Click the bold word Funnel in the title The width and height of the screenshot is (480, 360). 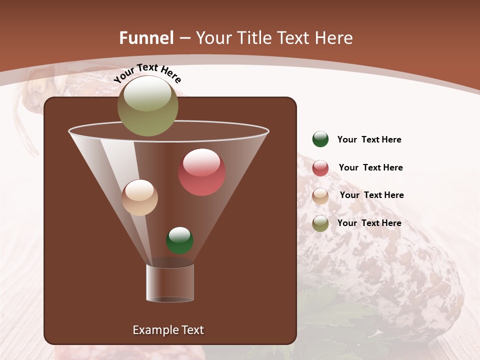point(146,38)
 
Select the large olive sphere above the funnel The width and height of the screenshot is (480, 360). point(147,106)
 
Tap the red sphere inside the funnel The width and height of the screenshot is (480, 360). point(201,172)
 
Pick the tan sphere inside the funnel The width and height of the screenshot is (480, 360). point(140,197)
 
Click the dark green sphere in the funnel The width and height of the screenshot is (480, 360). point(179,240)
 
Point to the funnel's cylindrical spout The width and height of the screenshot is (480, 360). point(170,282)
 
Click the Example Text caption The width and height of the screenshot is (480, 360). point(168,330)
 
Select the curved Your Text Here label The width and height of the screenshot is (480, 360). point(147,73)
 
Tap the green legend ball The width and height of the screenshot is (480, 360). point(320,139)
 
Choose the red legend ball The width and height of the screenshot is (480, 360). point(320,168)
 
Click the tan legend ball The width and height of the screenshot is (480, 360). point(320,196)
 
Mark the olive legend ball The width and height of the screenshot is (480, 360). point(320,223)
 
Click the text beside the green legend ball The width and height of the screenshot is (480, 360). point(369,140)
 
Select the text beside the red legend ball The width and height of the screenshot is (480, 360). point(370,168)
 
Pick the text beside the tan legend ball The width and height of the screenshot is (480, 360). point(371,195)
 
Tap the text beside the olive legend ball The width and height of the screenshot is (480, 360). point(369,223)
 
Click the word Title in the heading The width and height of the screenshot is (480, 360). point(254,38)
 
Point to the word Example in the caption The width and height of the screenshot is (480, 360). point(154,330)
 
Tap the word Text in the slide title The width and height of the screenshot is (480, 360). point(295,38)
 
